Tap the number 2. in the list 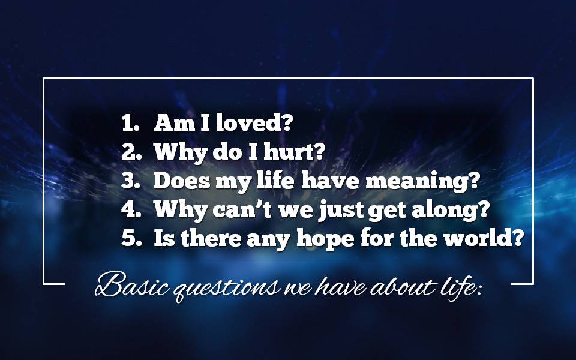click(x=131, y=151)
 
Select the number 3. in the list click(x=131, y=181)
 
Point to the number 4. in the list click(x=131, y=209)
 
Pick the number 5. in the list click(x=131, y=238)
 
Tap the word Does click(x=181, y=181)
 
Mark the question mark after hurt click(x=320, y=151)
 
